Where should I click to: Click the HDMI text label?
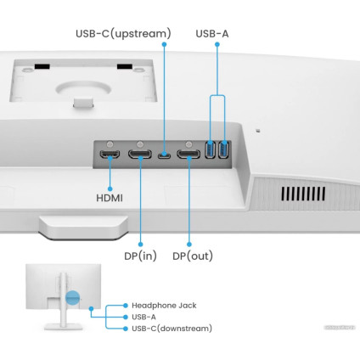pyautogui.click(x=109, y=197)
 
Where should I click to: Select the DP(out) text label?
pyautogui.click(x=193, y=256)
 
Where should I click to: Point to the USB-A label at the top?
pyautogui.click(x=213, y=34)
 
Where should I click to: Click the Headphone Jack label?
pyautogui.click(x=166, y=304)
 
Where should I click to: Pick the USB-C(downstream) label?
pyautogui.click(x=172, y=328)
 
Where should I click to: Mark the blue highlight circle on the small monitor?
pyautogui.click(x=74, y=299)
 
